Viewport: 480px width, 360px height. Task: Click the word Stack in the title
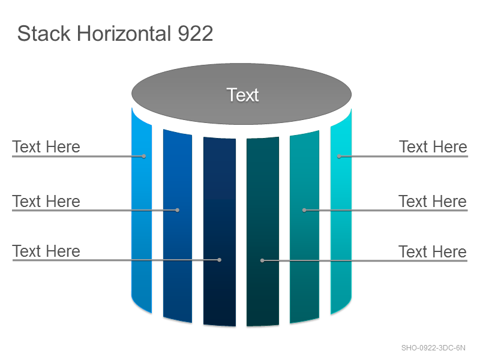[x=44, y=34]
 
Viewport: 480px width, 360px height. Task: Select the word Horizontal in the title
[x=124, y=34]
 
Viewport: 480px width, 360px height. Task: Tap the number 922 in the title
[x=196, y=34]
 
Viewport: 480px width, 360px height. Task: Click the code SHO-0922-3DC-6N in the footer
[x=433, y=348]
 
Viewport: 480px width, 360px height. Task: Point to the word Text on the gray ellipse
[x=242, y=95]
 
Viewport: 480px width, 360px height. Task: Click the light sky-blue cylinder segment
[x=142, y=211]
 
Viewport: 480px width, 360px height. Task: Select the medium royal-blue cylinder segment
[x=178, y=226]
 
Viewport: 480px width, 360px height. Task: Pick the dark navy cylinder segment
[x=220, y=232]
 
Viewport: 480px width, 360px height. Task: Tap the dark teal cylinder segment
[x=263, y=232]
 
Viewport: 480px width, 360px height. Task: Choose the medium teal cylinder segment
[x=305, y=227]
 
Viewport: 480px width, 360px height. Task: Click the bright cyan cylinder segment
[x=341, y=211]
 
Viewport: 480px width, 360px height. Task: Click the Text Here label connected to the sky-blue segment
[x=46, y=146]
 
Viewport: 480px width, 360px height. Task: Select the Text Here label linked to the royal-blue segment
[x=46, y=201]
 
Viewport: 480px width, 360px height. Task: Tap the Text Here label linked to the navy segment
[x=46, y=251]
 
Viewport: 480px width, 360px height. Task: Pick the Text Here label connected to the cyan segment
[x=433, y=146]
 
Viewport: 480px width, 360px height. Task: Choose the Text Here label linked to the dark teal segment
[x=433, y=251]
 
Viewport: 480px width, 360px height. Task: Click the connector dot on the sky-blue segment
[x=144, y=156]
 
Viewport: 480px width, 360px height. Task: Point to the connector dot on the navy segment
[x=219, y=260]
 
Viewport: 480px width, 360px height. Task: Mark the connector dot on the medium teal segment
[x=304, y=210]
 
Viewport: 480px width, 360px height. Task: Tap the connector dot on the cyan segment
[x=339, y=156]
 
